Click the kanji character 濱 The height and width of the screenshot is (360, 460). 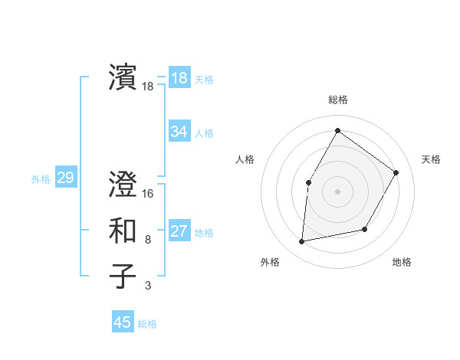click(123, 77)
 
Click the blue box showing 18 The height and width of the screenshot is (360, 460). click(179, 77)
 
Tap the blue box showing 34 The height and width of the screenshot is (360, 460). click(179, 132)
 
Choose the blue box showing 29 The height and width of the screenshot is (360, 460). click(65, 178)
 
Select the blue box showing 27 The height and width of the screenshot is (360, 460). click(179, 231)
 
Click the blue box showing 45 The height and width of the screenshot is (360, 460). click(123, 322)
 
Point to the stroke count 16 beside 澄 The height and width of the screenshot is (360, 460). click(148, 194)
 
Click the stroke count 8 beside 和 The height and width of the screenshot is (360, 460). click(148, 240)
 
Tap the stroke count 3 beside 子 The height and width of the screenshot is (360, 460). click(148, 286)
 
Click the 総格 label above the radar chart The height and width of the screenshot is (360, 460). click(337, 100)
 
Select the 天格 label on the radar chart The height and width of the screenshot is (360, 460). click(431, 159)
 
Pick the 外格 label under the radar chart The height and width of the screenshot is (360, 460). click(270, 262)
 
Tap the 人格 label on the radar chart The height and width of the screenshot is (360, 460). click(245, 159)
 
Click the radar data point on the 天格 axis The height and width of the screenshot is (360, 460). click(396, 172)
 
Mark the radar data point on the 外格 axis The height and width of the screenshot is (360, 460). click(302, 242)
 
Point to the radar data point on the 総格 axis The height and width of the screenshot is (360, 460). click(337, 130)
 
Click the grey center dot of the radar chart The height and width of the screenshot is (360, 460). click(337, 191)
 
